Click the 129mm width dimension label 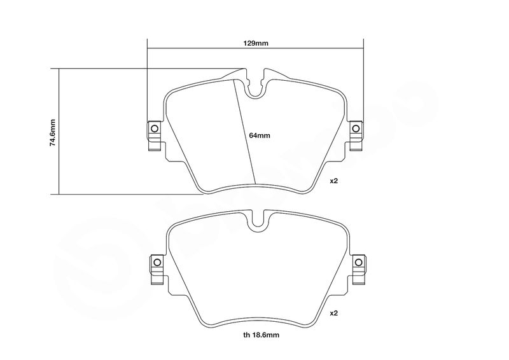(x=256, y=43)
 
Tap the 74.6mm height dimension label (x=53, y=132)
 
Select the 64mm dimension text (x=260, y=135)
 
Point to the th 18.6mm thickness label (x=261, y=335)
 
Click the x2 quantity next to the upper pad (x=334, y=181)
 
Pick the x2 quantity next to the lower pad (x=334, y=314)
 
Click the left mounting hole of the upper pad (x=154, y=128)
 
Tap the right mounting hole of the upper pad (x=356, y=128)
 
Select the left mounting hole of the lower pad (x=157, y=262)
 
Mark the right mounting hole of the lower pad (x=358, y=262)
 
